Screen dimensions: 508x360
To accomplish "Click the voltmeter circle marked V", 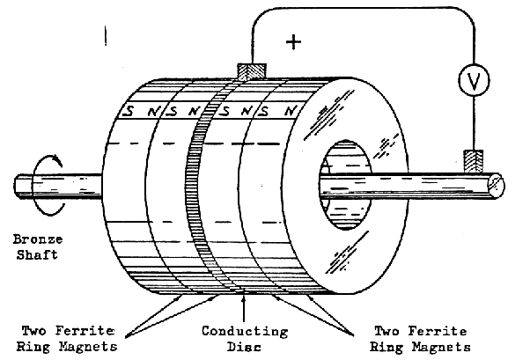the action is click(x=474, y=80).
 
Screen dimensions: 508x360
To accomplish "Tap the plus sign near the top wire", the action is click(x=293, y=42).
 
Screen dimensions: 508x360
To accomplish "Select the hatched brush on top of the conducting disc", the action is click(x=252, y=71).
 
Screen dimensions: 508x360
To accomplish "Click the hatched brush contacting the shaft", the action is click(x=474, y=161).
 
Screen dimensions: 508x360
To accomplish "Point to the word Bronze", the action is click(x=38, y=239).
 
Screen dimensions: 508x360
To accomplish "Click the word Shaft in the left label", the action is click(x=37, y=254).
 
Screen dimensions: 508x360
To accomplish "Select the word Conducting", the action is click(x=245, y=332).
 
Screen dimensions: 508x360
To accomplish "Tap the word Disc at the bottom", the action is click(x=244, y=347).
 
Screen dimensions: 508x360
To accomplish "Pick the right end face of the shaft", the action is click(x=496, y=185).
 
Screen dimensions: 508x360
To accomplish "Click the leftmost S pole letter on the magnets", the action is click(x=129, y=112).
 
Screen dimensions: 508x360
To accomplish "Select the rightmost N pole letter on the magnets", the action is click(x=290, y=111).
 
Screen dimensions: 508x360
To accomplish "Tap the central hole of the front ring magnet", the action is click(x=345, y=185).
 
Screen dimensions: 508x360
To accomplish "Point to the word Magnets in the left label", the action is click(x=88, y=347).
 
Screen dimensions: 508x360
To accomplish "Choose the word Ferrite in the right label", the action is click(x=437, y=331).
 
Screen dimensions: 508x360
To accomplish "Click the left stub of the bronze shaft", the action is click(x=58, y=187).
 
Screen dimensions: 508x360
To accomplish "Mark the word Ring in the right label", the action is click(x=387, y=347).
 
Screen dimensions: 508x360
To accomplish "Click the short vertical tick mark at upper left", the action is click(x=106, y=35).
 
